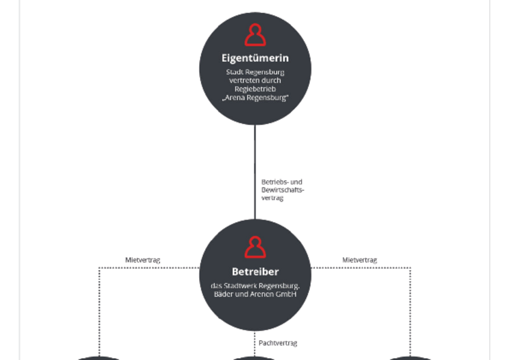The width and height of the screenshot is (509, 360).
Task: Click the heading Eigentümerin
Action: [x=255, y=58]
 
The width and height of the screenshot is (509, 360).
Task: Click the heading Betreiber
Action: [x=255, y=272]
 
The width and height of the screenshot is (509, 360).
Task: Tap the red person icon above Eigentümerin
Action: [x=255, y=34]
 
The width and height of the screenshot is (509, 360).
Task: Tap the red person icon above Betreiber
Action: [x=255, y=247]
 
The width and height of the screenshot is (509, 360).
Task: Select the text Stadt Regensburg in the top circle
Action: [x=255, y=72]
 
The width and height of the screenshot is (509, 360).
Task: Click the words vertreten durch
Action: [x=255, y=80]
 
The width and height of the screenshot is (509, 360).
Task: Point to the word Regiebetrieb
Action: [x=255, y=89]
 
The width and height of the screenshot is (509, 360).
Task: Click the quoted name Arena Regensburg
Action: [x=255, y=97]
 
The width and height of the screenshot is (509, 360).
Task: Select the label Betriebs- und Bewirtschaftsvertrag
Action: [x=283, y=190]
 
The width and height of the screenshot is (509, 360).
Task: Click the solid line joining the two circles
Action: [x=255, y=172]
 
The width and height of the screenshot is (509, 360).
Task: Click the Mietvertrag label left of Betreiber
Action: [x=143, y=260]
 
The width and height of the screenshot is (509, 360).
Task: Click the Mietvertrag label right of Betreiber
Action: [x=360, y=260]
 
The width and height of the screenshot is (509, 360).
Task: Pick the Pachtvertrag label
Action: [x=278, y=343]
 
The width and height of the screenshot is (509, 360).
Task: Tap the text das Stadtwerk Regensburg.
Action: [x=255, y=286]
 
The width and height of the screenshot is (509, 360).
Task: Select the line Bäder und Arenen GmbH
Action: [x=255, y=294]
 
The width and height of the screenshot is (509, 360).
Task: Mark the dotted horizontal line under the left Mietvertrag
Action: [x=149, y=268]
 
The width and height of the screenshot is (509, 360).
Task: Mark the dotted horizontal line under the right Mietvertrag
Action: [x=361, y=268]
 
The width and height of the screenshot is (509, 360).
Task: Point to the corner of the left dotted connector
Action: [x=99, y=268]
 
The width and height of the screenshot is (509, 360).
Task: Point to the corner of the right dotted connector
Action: [x=411, y=268]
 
